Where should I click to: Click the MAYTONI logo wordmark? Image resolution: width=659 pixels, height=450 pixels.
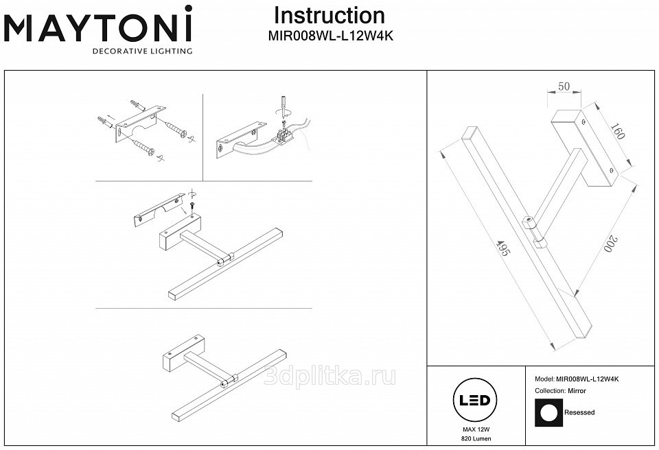click(98, 25)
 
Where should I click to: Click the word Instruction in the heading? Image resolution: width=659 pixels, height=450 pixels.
click(329, 16)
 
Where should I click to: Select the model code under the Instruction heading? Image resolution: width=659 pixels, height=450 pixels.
click(331, 36)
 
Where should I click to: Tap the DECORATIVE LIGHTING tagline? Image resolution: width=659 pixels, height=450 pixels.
click(142, 51)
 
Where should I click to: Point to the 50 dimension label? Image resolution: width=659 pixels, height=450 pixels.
click(564, 86)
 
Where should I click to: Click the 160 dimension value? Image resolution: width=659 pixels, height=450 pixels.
click(617, 131)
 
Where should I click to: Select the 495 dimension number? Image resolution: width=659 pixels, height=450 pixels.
click(502, 248)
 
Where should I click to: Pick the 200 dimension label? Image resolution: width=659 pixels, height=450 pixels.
click(611, 244)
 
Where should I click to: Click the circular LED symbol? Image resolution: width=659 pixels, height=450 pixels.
click(474, 400)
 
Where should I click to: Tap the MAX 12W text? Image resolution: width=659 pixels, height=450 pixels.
click(476, 429)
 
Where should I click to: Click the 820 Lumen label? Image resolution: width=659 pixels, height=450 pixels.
click(476, 438)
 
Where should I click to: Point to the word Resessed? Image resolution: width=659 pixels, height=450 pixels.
click(579, 412)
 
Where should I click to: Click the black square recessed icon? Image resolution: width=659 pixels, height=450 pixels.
click(548, 412)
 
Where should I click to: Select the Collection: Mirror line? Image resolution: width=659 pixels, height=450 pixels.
click(560, 391)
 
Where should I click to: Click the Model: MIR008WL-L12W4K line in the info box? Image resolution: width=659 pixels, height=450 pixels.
click(577, 379)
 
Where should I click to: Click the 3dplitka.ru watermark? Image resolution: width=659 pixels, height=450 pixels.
click(329, 376)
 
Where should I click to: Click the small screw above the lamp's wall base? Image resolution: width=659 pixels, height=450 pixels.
click(192, 206)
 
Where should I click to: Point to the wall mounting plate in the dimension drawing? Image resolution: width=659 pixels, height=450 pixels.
click(585, 148)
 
